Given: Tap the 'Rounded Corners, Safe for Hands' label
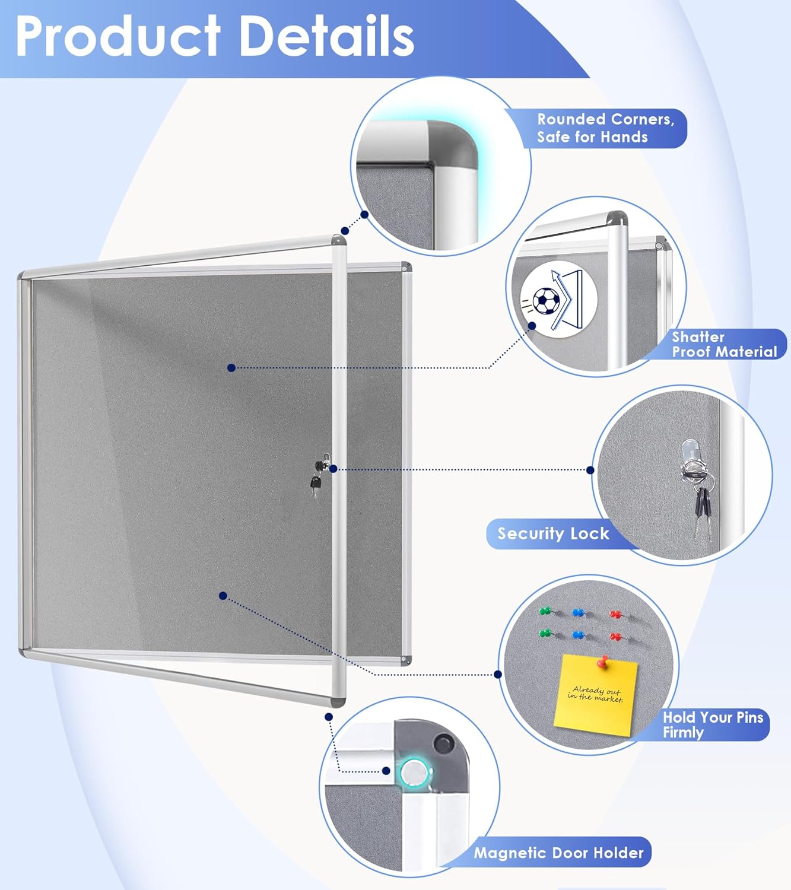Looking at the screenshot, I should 605,128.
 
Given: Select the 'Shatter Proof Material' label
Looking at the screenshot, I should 724,345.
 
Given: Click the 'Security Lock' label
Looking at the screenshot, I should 553,533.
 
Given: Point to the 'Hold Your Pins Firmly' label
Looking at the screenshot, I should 712,724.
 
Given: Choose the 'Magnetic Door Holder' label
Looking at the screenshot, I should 558,853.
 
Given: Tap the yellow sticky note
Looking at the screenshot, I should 595,695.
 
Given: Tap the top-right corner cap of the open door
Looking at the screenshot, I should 339,241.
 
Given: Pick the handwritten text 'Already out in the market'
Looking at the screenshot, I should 595,694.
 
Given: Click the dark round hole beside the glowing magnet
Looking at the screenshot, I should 442,742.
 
